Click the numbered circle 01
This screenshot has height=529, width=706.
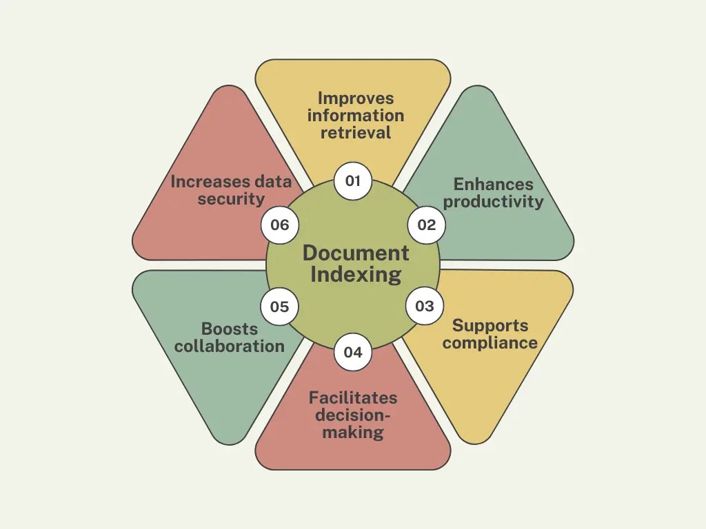(353, 182)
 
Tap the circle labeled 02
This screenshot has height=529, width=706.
(427, 225)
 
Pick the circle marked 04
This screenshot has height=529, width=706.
(353, 353)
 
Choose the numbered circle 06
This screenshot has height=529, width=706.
(279, 225)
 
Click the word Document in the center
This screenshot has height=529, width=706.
(356, 253)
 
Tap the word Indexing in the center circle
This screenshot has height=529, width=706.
(356, 275)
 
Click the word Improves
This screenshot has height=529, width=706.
(356, 98)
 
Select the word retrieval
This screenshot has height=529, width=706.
(356, 132)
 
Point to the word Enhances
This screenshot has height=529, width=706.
(493, 185)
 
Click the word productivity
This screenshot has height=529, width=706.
(493, 202)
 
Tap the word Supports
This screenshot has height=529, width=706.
(490, 325)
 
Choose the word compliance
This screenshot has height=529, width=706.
(490, 342)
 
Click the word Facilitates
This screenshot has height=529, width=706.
(353, 398)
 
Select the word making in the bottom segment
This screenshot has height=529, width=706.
(353, 433)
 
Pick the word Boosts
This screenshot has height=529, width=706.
(230, 329)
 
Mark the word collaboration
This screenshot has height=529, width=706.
(230, 346)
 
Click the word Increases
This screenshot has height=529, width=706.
(202, 182)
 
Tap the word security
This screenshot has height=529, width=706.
(231, 200)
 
